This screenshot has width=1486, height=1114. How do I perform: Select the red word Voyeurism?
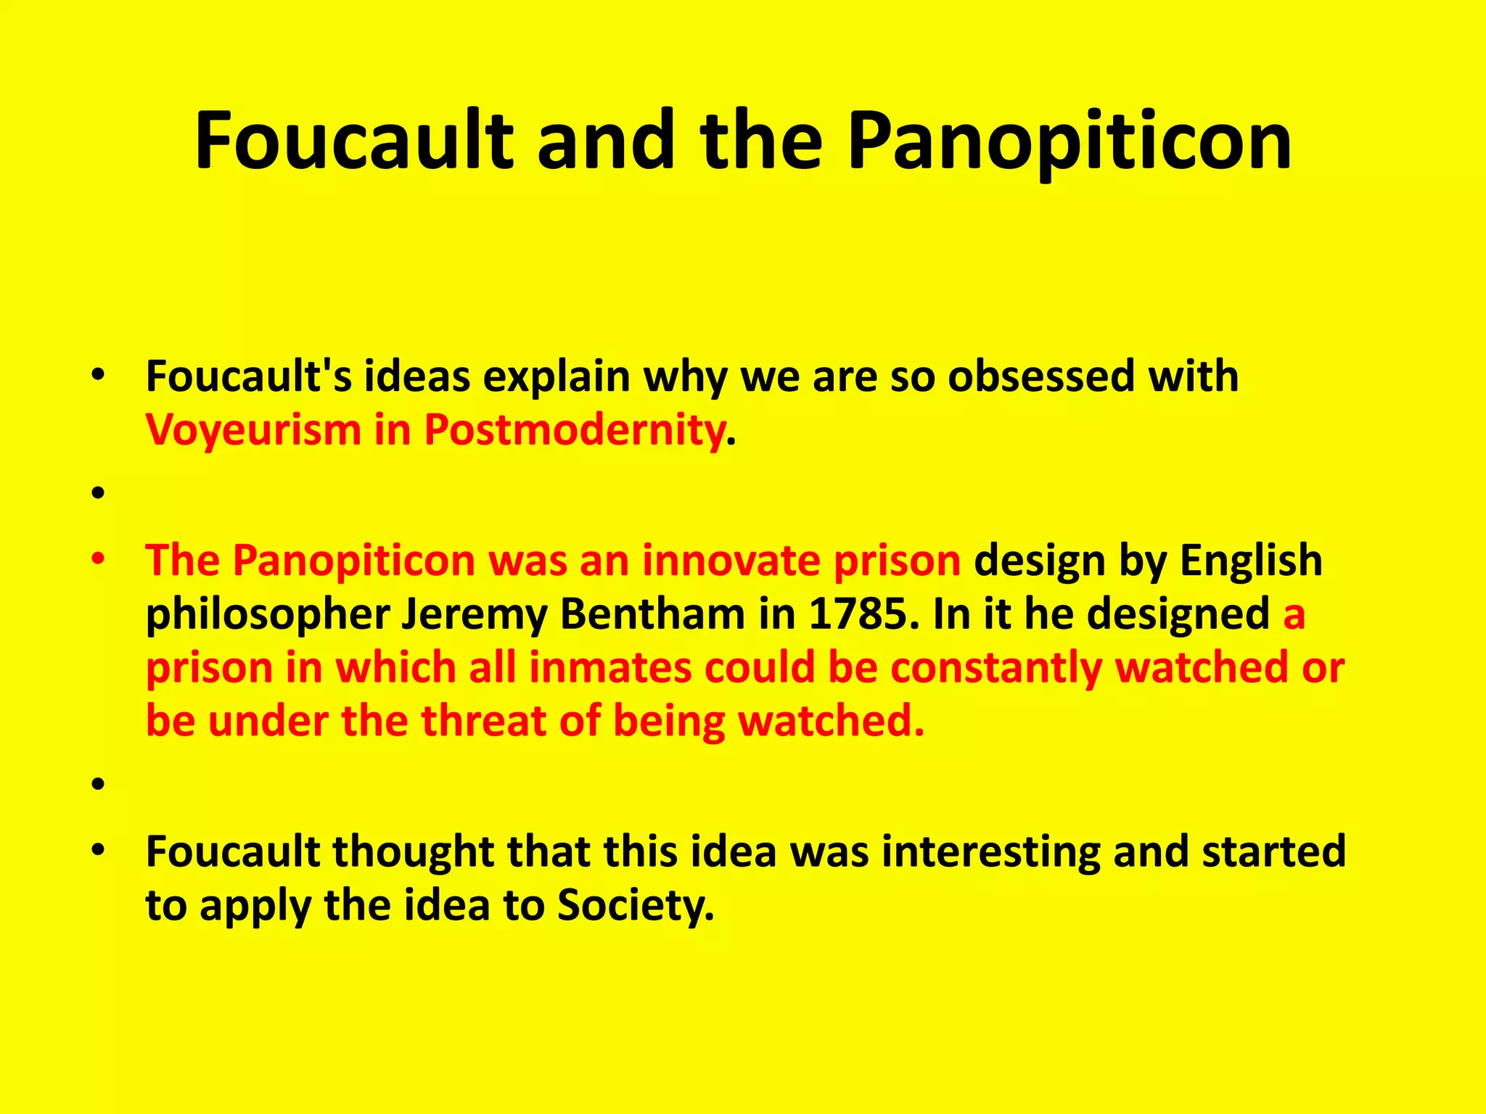coord(253,429)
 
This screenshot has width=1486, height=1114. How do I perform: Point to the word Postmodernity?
coord(574,429)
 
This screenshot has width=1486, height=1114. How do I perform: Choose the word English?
coord(1251,561)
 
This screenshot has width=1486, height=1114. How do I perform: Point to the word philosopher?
coord(268,615)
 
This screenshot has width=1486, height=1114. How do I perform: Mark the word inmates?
coord(610,667)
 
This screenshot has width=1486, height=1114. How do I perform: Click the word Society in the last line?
coord(636,906)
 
